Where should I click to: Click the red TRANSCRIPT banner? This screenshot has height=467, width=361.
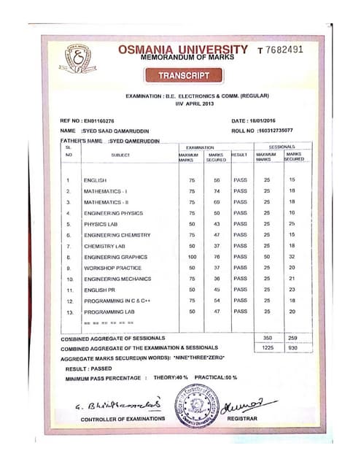click(182, 75)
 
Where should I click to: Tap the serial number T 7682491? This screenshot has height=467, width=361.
click(290, 50)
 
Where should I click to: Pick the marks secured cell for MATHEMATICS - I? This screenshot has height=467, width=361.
click(217, 190)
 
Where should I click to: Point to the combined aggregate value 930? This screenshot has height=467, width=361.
click(292, 348)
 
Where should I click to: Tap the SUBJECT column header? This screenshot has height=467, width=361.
click(120, 155)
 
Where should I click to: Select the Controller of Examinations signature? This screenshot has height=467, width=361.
click(108, 404)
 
